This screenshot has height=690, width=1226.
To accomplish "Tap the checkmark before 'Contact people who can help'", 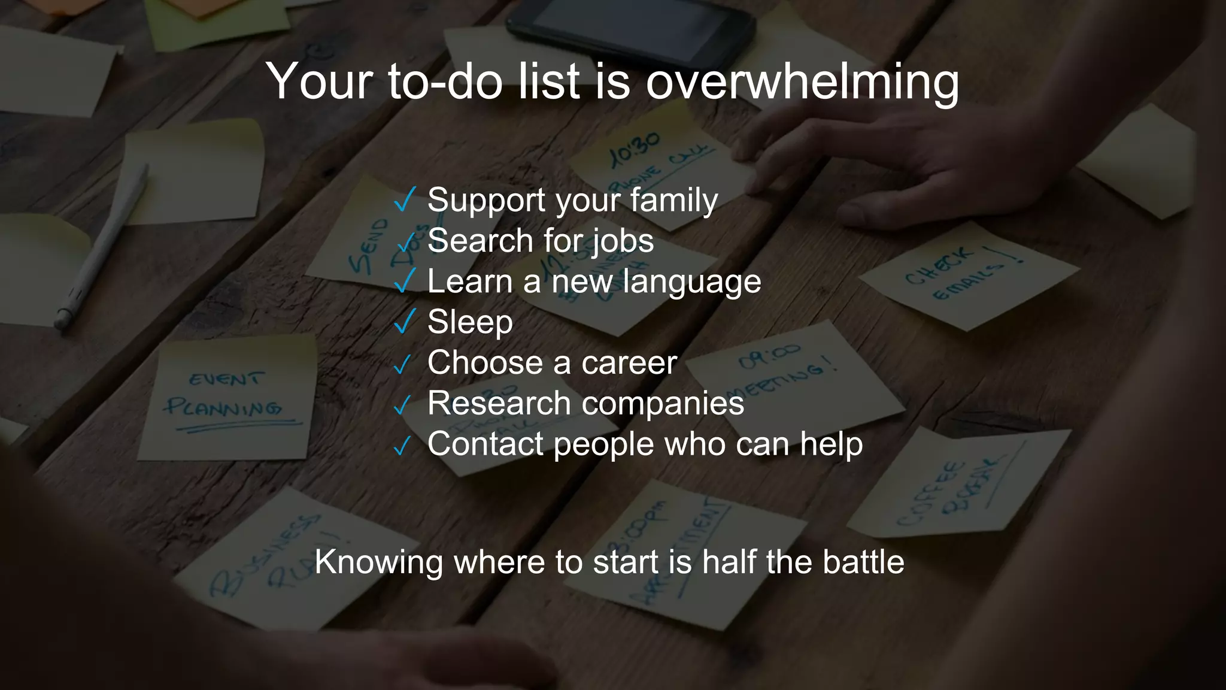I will pos(403,446).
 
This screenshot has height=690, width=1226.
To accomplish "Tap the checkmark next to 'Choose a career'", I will pos(402,364).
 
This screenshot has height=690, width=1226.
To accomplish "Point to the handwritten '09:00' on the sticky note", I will pos(769,357).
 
